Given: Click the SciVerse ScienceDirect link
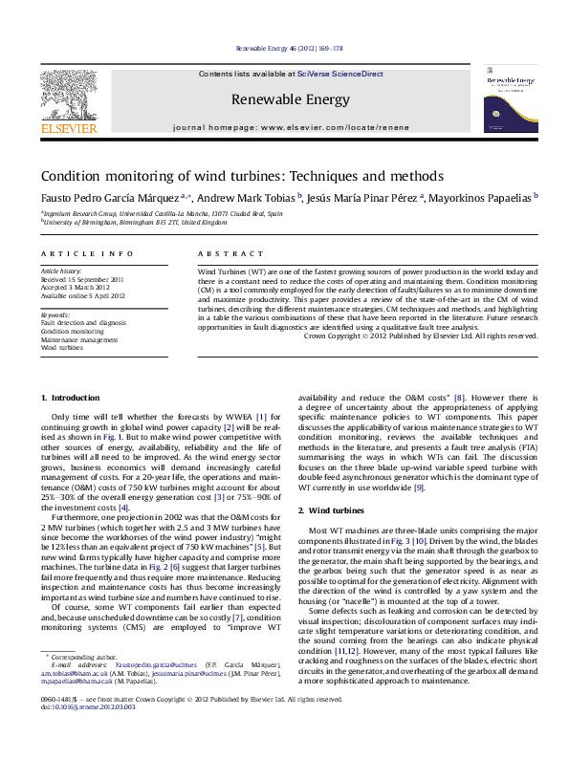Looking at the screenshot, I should pos(339,74).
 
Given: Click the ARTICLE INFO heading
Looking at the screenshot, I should pos(86,254).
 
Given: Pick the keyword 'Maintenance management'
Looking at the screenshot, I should pos(79,340).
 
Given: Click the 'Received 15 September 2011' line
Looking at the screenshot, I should pos(82,279).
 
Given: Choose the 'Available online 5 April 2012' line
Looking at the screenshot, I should pos(85,296).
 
